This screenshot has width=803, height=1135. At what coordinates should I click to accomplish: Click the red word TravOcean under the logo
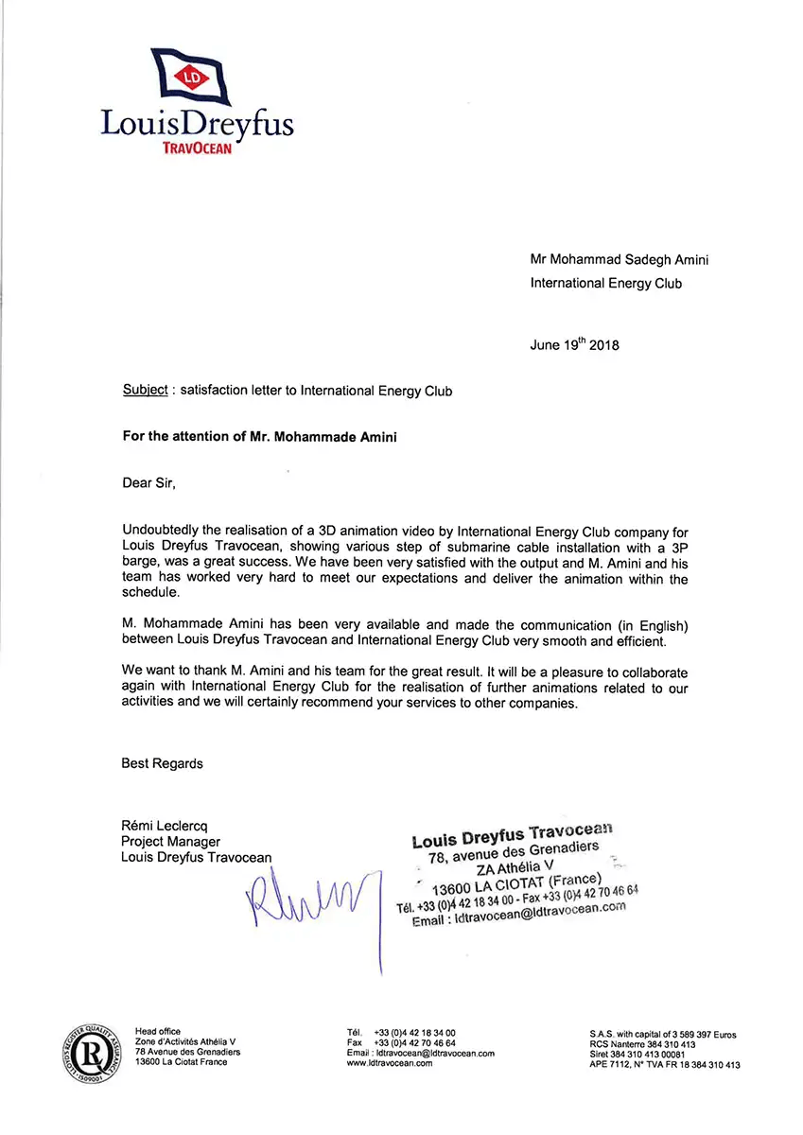197,148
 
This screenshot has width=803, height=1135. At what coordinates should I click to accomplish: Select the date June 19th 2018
574,345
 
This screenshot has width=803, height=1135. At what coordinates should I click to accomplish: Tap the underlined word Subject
145,391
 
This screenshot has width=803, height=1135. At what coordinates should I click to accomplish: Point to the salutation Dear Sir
148,483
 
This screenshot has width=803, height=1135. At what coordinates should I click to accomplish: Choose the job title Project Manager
170,842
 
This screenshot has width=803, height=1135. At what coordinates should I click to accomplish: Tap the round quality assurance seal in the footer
91,1050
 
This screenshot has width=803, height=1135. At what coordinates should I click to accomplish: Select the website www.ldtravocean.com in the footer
390,1063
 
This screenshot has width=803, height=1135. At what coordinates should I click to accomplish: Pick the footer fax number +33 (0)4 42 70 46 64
415,1042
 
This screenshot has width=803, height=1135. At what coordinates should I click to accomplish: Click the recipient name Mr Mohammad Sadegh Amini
620,260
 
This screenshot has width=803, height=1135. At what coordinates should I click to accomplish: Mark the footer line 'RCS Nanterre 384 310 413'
642,1044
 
